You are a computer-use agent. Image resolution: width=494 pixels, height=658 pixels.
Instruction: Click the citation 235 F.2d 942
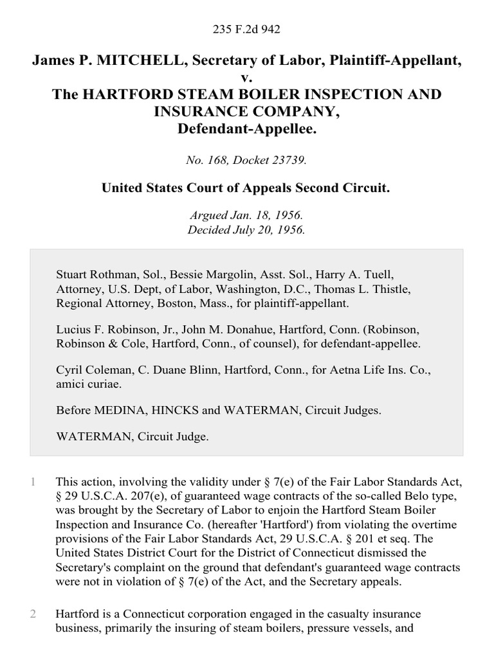click(x=247, y=29)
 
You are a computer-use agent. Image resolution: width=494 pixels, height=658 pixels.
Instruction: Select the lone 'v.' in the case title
click(x=247, y=78)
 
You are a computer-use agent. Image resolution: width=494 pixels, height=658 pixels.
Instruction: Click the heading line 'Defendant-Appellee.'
click(x=247, y=129)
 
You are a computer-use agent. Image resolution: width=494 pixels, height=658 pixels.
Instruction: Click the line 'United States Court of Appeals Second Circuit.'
click(x=247, y=189)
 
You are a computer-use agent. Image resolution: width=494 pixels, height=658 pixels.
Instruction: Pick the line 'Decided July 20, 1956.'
click(x=247, y=230)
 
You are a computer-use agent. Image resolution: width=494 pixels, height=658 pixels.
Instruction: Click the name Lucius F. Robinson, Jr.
click(x=112, y=330)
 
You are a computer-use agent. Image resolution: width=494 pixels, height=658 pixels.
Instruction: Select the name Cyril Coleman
click(x=86, y=371)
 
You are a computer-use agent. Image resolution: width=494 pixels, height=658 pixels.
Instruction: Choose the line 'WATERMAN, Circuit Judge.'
click(x=132, y=436)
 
